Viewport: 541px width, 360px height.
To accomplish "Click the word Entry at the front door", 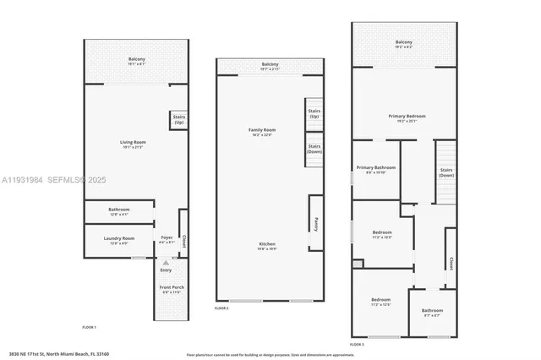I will point(166,270).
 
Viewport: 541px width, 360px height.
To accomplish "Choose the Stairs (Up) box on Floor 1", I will point(179,121).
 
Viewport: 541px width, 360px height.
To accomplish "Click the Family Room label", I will point(261,131).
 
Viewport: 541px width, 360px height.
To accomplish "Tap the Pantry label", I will point(314,223).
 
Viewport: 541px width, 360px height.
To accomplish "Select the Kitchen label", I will point(267,246).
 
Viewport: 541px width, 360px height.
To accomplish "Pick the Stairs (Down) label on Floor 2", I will point(314,150).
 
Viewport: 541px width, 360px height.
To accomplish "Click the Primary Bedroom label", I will point(407,117).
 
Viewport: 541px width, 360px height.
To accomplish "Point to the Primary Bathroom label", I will point(375,169).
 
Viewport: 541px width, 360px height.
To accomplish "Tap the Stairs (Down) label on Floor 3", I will point(446,172).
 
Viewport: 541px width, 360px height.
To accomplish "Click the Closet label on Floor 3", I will point(451,262).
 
